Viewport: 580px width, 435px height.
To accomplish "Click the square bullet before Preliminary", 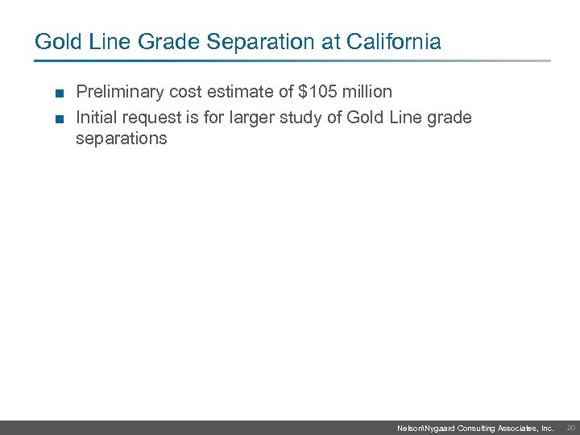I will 60,93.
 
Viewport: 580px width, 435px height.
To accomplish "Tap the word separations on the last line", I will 121,139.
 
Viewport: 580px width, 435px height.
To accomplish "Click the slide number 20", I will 571,429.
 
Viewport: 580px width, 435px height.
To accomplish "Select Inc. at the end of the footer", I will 547,429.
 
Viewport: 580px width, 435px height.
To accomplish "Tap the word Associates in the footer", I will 516,429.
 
